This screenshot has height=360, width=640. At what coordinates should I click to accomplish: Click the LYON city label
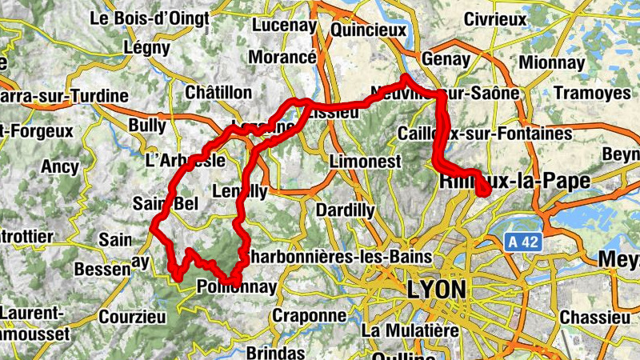pos(436,288)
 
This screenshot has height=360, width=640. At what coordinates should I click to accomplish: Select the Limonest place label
pos(360,161)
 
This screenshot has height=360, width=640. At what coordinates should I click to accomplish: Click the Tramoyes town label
pos(593,93)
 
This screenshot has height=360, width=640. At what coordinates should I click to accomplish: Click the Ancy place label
pos(60,167)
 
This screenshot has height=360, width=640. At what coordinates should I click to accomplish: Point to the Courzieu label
pos(133,317)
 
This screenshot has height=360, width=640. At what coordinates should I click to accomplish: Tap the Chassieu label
pos(594,317)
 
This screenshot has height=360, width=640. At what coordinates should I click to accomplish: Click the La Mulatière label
pos(409,330)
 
